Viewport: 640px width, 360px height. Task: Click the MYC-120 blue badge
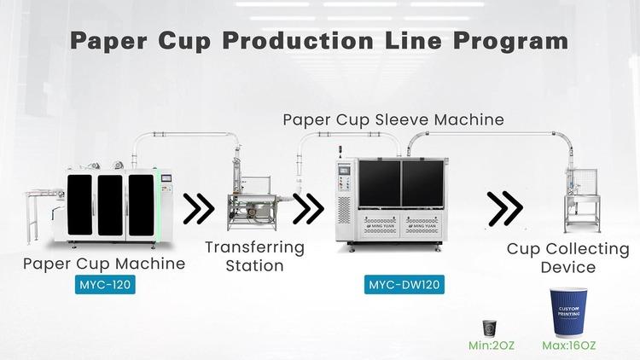click(105, 283)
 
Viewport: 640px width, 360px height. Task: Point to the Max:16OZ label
click(567, 346)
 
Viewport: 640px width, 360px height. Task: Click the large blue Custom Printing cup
click(567, 312)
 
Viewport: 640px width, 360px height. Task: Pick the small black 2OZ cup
click(489, 328)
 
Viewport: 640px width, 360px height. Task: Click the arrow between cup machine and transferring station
click(200, 206)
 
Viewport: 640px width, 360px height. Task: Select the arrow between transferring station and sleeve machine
click(308, 206)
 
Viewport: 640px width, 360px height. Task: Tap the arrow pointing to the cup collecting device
click(506, 206)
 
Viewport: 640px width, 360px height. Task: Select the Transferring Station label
click(255, 256)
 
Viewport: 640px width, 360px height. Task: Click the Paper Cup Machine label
click(105, 264)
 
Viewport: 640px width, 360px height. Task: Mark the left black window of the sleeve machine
click(380, 183)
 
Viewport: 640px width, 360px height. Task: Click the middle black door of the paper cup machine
click(110, 205)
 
